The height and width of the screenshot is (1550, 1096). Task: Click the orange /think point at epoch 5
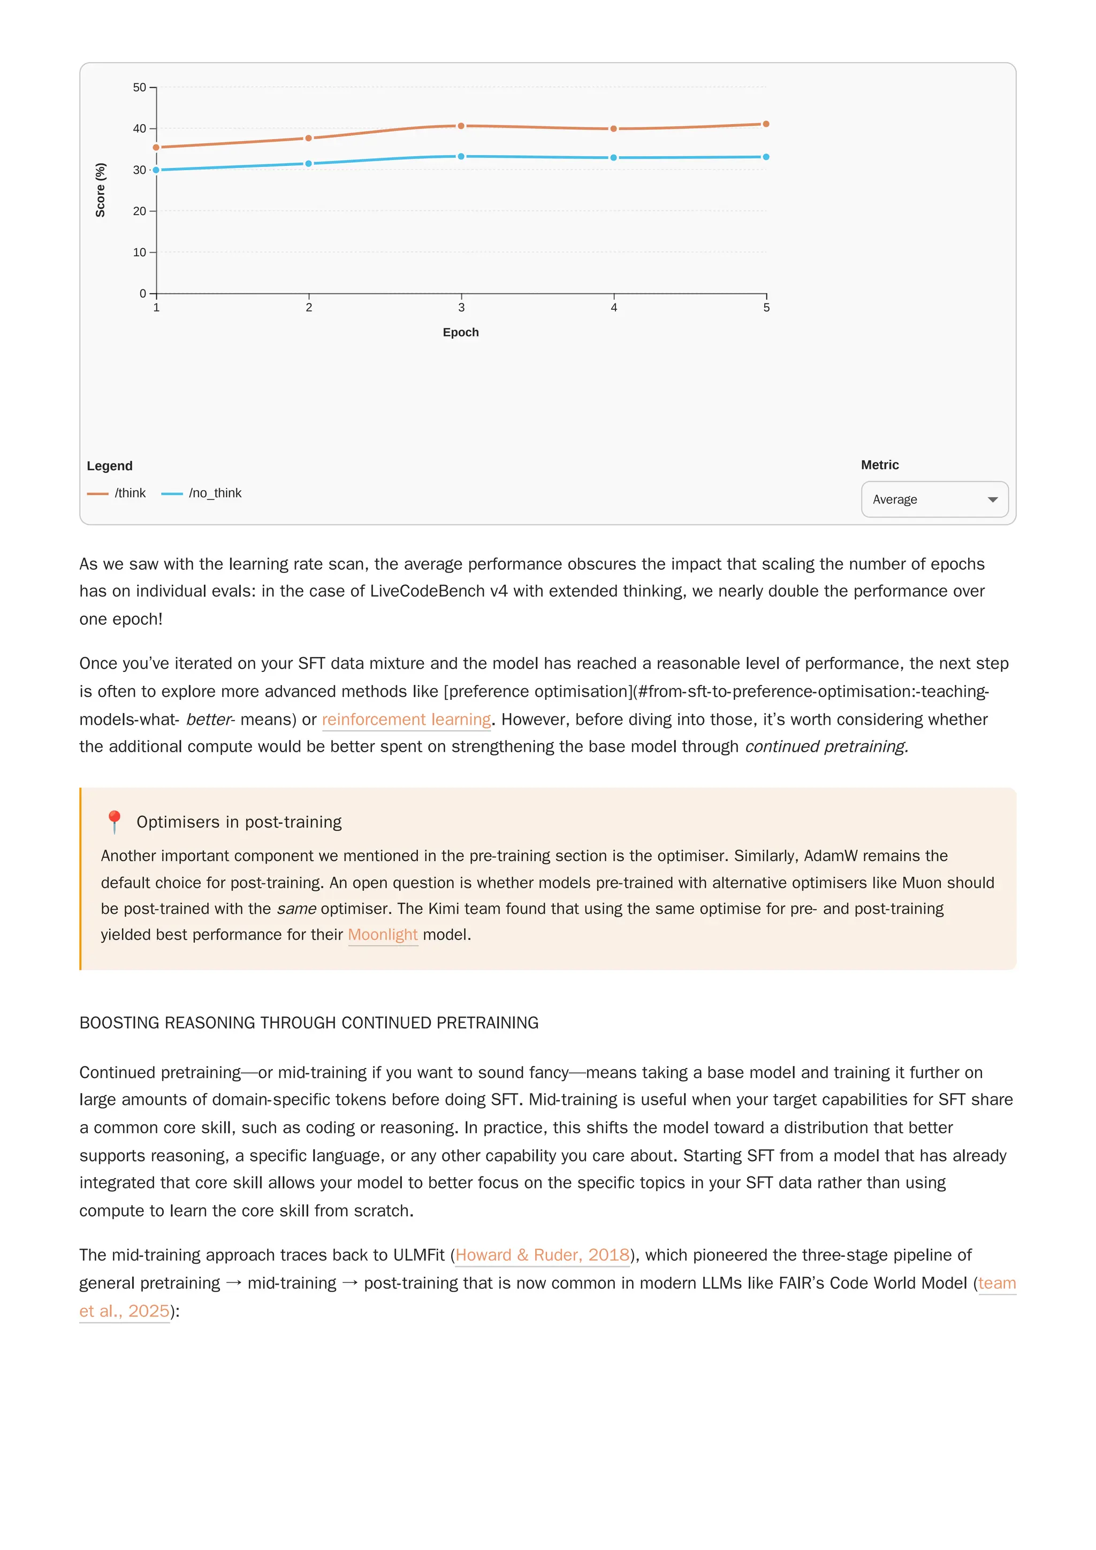point(766,124)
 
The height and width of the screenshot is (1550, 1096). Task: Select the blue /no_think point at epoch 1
point(156,170)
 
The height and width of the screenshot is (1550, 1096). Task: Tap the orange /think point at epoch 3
point(461,126)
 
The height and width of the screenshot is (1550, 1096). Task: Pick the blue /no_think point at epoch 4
point(613,158)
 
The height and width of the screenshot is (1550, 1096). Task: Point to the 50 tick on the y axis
point(139,88)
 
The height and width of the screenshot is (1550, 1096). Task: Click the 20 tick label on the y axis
point(139,211)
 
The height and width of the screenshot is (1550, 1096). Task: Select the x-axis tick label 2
point(309,308)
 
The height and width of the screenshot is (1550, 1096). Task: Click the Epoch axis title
point(461,332)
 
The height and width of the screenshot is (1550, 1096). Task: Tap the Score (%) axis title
point(101,190)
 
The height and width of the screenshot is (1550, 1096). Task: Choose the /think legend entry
point(117,493)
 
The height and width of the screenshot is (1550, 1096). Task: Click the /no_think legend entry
point(202,493)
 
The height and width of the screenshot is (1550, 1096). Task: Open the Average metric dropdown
point(934,500)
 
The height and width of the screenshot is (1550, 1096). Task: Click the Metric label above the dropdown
point(879,465)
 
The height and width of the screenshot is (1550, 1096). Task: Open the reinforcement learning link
point(406,720)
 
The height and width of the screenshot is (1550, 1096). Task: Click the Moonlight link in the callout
point(383,935)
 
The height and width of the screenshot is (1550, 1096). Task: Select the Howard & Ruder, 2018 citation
point(542,1255)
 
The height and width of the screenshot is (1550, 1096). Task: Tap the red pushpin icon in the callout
point(114,822)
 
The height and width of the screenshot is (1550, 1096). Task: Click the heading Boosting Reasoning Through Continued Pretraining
point(309,1023)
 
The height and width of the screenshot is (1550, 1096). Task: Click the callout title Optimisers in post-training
point(239,822)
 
